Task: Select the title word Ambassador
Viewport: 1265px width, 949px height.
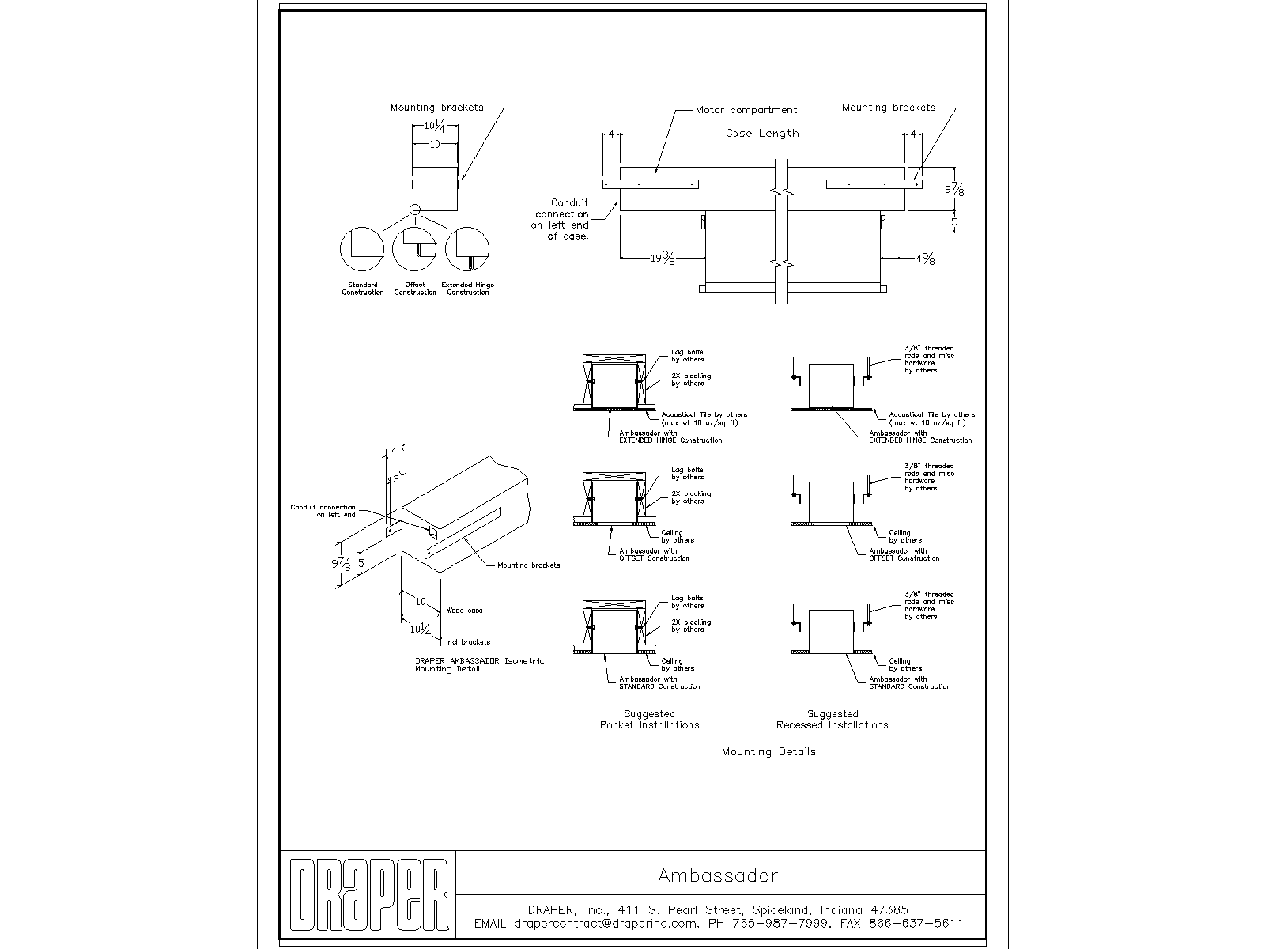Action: click(x=718, y=875)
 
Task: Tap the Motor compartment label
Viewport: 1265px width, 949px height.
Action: click(x=746, y=110)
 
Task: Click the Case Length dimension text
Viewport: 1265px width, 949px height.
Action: click(x=762, y=133)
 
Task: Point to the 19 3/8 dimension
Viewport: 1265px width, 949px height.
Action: click(x=663, y=258)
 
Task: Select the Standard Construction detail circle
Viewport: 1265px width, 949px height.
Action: click(x=362, y=248)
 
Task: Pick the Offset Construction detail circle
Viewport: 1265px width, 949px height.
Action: click(x=414, y=248)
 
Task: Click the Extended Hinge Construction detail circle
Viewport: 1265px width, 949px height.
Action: click(x=467, y=248)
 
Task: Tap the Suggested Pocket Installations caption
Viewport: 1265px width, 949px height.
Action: click(x=649, y=720)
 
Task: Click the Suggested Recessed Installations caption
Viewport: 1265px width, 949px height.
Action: click(x=832, y=720)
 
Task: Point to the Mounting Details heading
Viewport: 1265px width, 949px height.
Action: click(x=768, y=751)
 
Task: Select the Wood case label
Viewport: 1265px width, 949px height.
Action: click(x=464, y=611)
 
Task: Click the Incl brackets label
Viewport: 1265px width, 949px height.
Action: click(x=468, y=642)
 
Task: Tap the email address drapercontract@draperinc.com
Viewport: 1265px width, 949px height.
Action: click(x=606, y=923)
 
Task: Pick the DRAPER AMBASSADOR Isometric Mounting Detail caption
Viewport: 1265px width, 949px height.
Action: click(x=480, y=664)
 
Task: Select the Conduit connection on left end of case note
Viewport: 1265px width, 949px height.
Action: click(x=561, y=219)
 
